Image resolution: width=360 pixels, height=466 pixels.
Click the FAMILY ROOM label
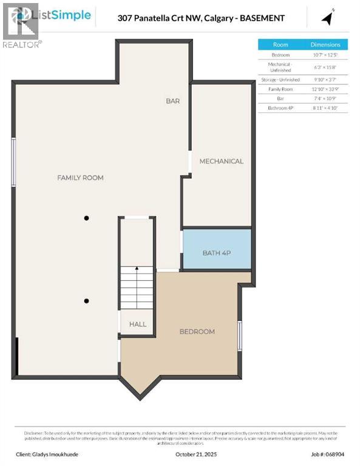click(x=80, y=178)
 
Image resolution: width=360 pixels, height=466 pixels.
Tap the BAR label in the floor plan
click(x=173, y=101)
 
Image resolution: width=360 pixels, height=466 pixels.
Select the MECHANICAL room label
click(x=221, y=161)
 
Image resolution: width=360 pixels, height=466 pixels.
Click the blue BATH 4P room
click(x=217, y=249)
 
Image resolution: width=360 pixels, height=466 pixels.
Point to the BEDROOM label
click(x=197, y=331)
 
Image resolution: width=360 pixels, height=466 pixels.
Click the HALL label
click(x=138, y=324)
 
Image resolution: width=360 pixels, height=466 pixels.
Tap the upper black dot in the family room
click(x=87, y=218)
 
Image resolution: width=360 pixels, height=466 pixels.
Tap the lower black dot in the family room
click(x=87, y=301)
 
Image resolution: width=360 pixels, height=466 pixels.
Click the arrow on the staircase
click(x=137, y=269)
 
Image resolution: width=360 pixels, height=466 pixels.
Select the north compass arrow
click(x=328, y=18)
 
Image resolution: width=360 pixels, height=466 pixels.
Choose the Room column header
click(x=280, y=45)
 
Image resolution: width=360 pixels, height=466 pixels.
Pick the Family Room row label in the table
click(x=280, y=89)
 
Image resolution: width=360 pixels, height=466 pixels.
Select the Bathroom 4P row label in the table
click(x=280, y=107)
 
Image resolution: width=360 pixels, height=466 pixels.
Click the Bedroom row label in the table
click(x=280, y=55)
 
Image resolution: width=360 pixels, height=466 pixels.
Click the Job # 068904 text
click(x=328, y=454)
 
